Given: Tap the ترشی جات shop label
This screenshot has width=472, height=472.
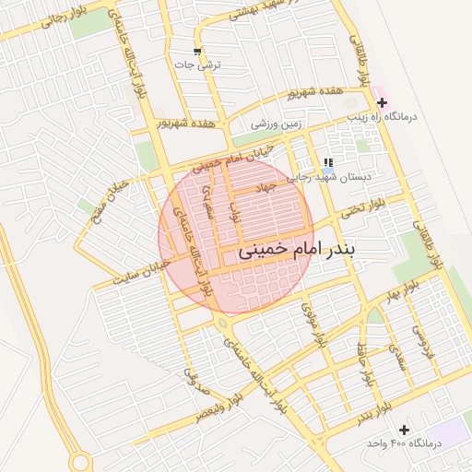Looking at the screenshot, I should (197, 65).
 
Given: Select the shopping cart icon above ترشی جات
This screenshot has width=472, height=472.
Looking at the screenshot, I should (197, 51).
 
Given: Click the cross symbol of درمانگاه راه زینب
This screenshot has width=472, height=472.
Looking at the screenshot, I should (383, 101).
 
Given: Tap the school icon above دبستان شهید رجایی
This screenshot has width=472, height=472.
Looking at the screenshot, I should (328, 162).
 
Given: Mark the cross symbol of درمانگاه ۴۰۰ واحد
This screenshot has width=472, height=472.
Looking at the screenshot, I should (404, 430).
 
